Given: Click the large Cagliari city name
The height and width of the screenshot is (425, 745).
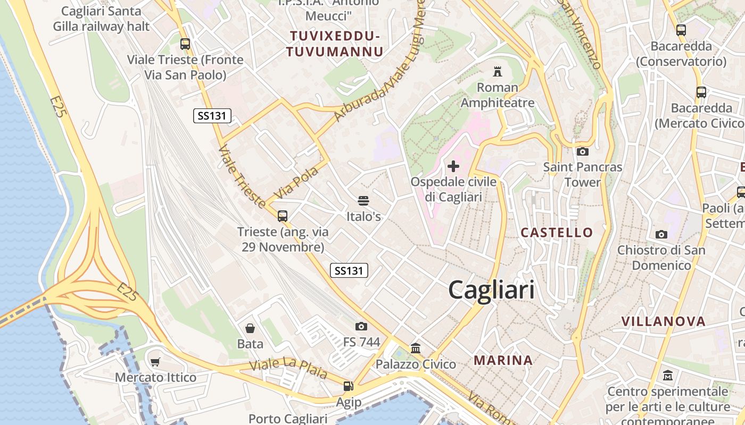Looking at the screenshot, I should click(491, 290).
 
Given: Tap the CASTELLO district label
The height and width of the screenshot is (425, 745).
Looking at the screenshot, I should click(557, 232).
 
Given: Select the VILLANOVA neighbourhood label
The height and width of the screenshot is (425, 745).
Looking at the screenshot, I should click(664, 321).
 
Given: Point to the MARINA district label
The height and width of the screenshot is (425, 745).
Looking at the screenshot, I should click(503, 360).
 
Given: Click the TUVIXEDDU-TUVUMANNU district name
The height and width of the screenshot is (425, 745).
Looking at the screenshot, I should click(335, 44).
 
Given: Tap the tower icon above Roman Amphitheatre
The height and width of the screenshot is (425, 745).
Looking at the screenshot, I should click(498, 71).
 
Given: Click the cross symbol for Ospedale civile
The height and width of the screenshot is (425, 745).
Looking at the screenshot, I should click(453, 167).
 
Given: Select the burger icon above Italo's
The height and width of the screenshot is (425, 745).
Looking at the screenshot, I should click(363, 201).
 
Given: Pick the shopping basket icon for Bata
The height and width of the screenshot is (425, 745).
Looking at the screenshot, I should click(250, 328).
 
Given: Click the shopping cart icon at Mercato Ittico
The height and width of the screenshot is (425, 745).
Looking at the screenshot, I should click(155, 362).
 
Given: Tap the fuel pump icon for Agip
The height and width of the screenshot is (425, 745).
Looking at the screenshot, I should click(348, 387).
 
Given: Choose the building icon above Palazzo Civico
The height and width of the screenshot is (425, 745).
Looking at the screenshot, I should click(416, 348).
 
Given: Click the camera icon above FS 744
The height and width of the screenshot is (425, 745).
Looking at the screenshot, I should click(361, 326).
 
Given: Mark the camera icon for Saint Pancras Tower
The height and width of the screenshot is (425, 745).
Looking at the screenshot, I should click(582, 151).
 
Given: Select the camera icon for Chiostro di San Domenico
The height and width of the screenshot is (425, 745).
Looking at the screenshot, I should click(661, 234).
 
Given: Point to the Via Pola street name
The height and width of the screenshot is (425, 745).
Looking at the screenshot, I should click(296, 183).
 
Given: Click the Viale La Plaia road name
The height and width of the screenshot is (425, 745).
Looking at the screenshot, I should click(288, 369).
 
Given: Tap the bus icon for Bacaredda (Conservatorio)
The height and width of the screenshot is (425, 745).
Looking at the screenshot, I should click(681, 30).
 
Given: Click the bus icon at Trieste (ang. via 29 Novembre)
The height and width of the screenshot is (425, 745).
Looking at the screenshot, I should click(283, 216).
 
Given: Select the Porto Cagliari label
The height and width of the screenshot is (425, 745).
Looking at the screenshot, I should click(287, 419).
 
